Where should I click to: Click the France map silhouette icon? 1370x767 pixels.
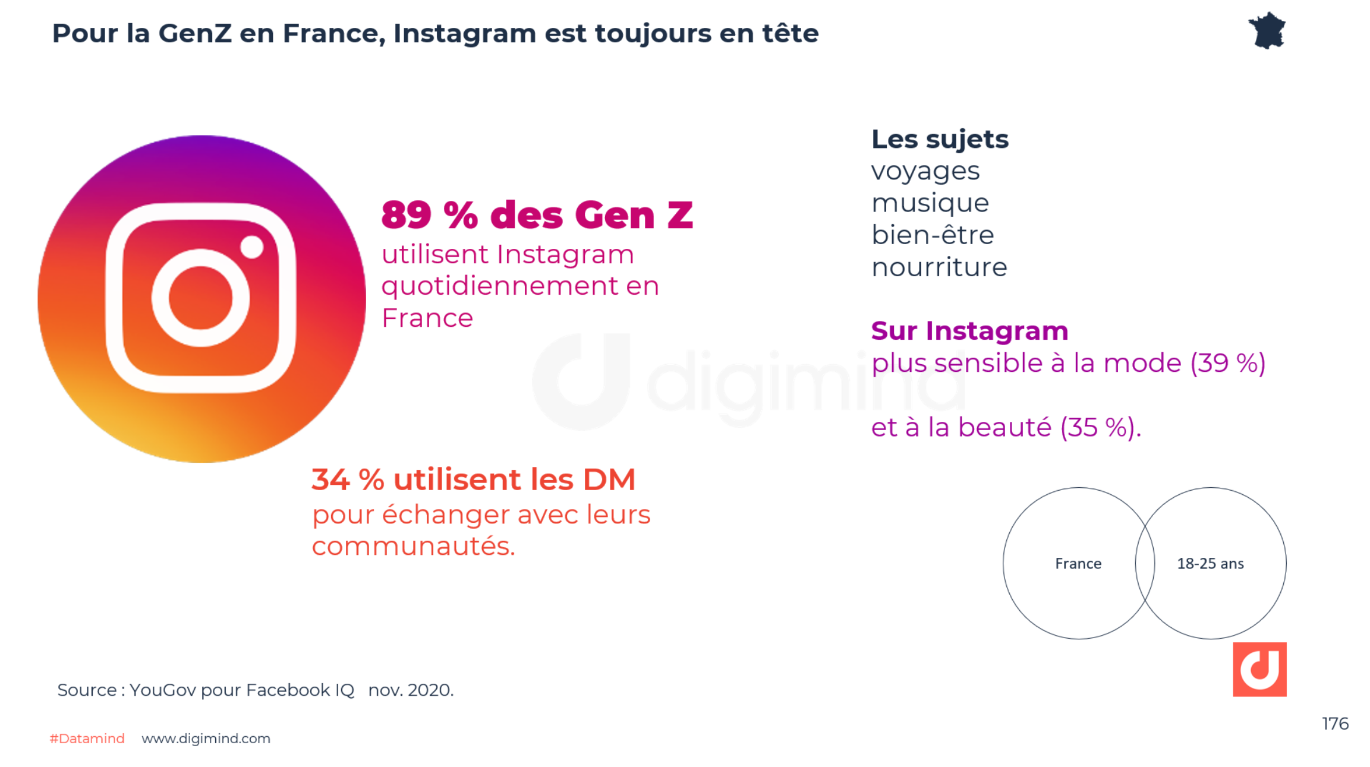point(1267,31)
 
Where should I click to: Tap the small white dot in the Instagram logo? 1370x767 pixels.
point(252,247)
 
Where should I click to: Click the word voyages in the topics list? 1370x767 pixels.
point(925,172)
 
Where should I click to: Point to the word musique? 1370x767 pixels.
point(930,203)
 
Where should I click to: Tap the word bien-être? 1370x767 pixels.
point(932,235)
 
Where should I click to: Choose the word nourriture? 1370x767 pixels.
point(939,267)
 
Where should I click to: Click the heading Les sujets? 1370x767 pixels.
point(940,140)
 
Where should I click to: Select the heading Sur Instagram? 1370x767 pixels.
point(969,331)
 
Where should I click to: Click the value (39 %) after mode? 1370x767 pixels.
point(1227,363)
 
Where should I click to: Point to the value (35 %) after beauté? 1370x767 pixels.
point(1100,427)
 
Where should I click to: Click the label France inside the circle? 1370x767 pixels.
point(1078,563)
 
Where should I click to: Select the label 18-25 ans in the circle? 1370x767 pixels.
point(1210,563)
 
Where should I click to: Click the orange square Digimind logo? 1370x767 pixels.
point(1259,669)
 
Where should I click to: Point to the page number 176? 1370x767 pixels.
point(1335,724)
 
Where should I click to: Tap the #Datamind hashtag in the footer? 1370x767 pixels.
point(87,738)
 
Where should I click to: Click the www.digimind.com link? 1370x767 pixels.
point(206,738)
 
